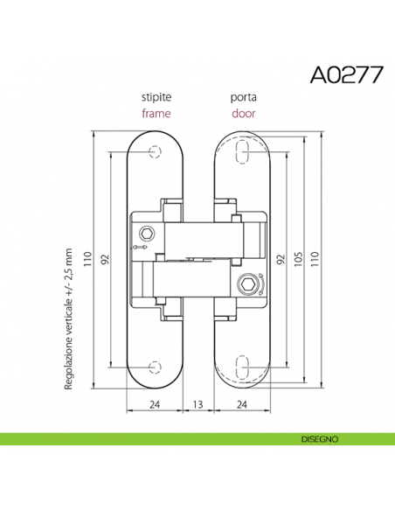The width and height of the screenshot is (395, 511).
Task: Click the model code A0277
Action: click(x=347, y=75)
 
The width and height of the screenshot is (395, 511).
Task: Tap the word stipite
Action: click(x=156, y=97)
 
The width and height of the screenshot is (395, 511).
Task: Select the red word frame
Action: click(x=156, y=114)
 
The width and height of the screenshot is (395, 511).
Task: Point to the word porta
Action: click(x=243, y=97)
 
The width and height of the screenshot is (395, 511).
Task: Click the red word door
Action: click(x=243, y=114)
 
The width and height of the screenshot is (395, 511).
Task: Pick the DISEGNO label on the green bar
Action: click(x=320, y=439)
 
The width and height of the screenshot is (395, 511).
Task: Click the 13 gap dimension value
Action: click(x=197, y=404)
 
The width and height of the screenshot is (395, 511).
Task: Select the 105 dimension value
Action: click(x=298, y=259)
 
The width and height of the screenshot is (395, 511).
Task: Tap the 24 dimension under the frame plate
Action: click(x=155, y=404)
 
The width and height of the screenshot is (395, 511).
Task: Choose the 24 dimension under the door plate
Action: click(x=242, y=404)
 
